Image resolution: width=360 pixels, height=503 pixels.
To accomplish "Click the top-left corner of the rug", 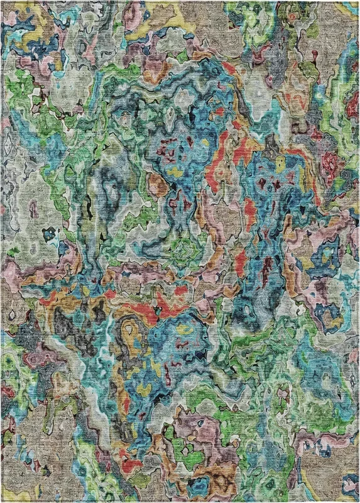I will pyautogui.click(x=2, y=2).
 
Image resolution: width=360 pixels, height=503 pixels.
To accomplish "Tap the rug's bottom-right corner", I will pyautogui.click(x=358, y=501).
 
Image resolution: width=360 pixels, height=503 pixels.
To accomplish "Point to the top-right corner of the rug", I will pyautogui.click(x=358, y=2).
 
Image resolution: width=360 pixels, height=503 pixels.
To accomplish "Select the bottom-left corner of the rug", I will pyautogui.click(x=2, y=501).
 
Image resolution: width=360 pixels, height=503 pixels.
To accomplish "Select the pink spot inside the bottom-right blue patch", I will pyautogui.click(x=347, y=484).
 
